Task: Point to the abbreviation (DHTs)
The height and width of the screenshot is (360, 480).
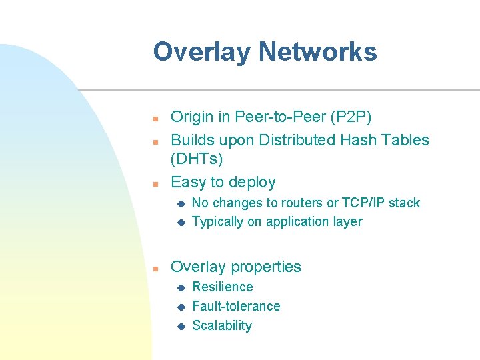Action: tap(197, 159)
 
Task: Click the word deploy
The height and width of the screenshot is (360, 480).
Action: tap(252, 183)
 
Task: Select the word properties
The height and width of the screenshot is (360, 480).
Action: tap(265, 267)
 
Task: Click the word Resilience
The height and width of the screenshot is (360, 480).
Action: tap(223, 287)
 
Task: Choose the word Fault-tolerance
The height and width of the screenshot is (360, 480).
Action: tap(236, 307)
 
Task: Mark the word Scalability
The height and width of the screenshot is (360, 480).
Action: tap(222, 326)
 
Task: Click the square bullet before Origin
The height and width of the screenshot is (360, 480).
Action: tap(154, 119)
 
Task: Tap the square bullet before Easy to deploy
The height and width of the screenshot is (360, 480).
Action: tap(154, 183)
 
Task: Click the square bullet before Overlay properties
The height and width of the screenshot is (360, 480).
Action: tap(154, 268)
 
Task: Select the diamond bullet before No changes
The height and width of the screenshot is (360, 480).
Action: tap(179, 203)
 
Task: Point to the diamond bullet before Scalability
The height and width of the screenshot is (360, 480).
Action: tap(179, 327)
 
